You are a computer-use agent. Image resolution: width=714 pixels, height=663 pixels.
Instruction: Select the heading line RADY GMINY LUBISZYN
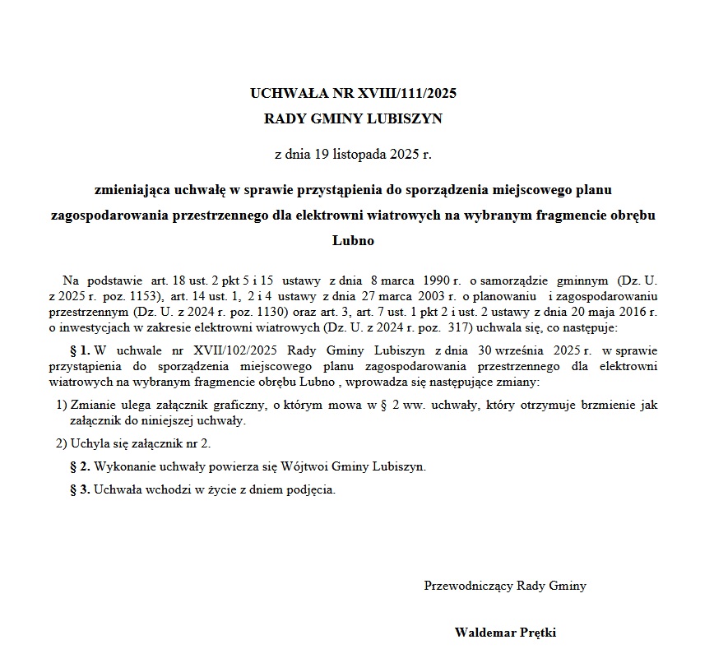[353, 118]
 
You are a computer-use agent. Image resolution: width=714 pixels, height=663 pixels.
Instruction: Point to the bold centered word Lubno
[353, 241]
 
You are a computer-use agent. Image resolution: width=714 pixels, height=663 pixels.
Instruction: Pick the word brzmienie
[595, 406]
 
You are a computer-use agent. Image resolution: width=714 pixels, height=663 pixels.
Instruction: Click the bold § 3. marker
[80, 489]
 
